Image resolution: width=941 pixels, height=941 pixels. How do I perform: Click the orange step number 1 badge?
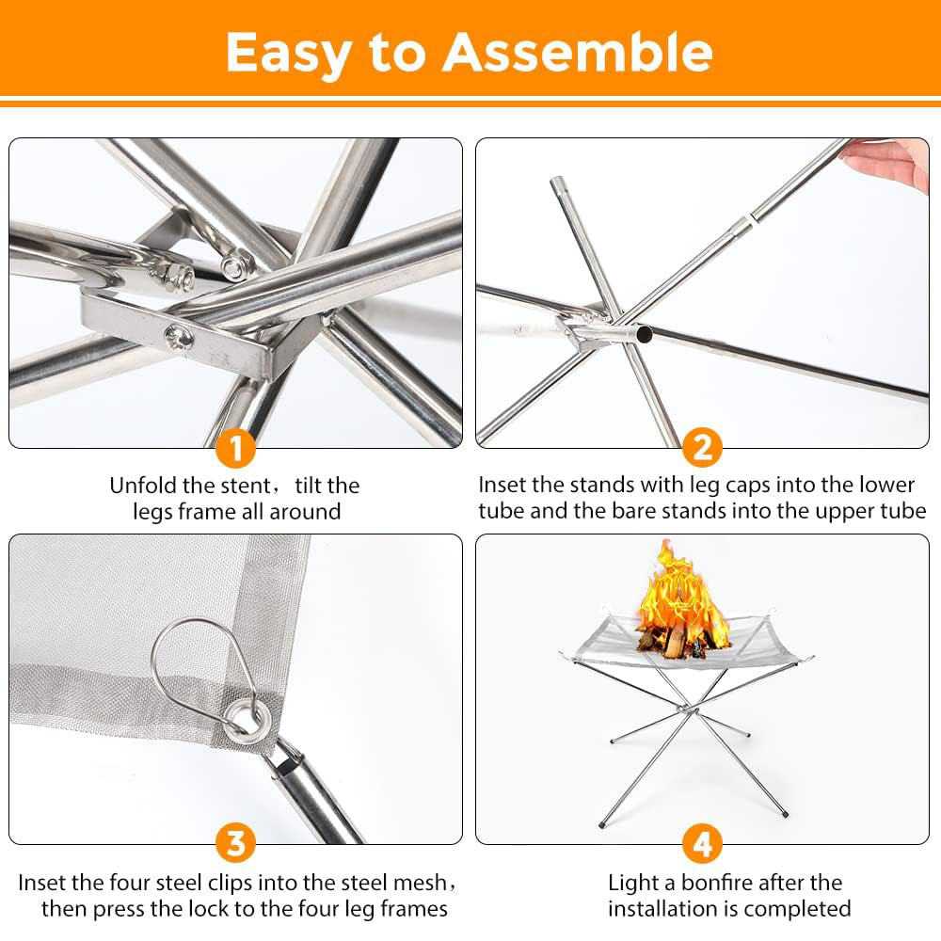click(235, 448)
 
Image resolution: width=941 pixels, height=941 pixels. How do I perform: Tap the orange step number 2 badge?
click(702, 448)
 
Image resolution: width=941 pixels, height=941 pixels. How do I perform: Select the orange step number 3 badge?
click(235, 844)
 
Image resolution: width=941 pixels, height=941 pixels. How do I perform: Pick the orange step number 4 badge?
click(702, 844)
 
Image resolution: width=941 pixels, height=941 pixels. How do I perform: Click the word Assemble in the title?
click(578, 53)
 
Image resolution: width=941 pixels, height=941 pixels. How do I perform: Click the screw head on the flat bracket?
click(179, 337)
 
